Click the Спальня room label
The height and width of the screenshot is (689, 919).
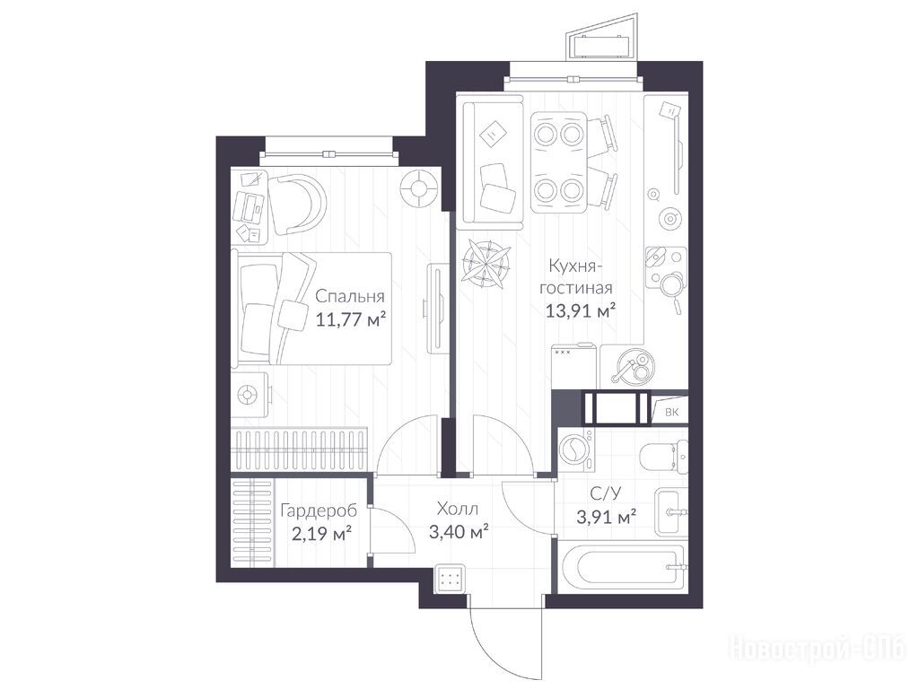350,296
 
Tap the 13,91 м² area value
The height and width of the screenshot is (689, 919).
581,310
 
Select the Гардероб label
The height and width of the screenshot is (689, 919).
319,511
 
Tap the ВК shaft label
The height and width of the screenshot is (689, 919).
671,412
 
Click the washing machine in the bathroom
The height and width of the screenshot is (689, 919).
575,450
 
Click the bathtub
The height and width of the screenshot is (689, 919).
621,567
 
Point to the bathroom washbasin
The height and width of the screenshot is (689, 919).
670,512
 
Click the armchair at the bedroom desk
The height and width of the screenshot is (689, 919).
297,205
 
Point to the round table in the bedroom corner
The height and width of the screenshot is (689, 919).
420,188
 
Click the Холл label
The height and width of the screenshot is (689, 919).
457,508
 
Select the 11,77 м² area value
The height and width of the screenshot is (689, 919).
351,319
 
